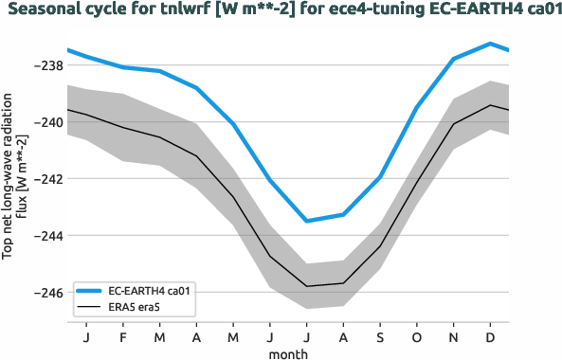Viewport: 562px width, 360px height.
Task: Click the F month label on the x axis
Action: click(123, 336)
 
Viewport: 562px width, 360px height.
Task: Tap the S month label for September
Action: click(380, 336)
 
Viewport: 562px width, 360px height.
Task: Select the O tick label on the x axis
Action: click(417, 336)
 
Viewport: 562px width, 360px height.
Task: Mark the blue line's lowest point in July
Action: click(307, 221)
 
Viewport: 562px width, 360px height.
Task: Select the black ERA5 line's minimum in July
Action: click(307, 286)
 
